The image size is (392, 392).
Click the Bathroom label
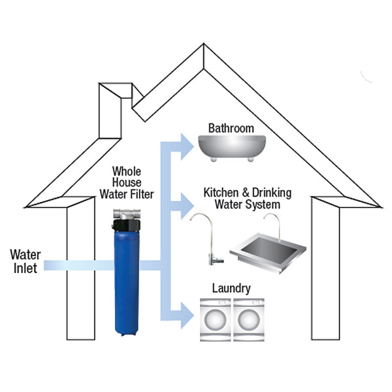(x=231, y=128)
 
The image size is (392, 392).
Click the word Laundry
(x=231, y=288)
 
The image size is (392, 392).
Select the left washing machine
(x=215, y=321)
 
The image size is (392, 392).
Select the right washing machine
(x=248, y=321)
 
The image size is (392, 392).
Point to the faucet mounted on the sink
(x=279, y=225)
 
